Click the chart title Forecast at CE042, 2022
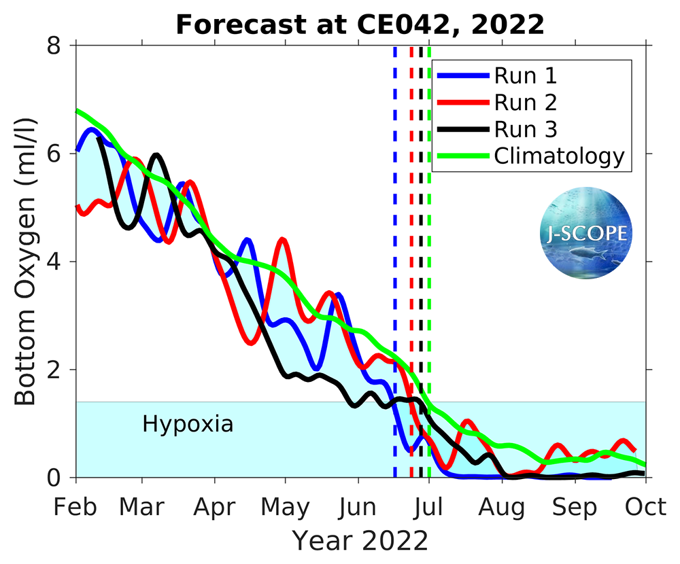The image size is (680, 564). coord(360,25)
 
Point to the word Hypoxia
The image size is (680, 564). coord(188,425)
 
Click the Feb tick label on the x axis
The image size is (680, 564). coord(75,507)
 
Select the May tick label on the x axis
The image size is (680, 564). coord(286,507)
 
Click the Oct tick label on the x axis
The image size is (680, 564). coord(645,507)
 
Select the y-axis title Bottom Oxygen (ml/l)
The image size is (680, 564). coord(26,262)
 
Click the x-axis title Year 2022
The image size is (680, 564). coord(360,541)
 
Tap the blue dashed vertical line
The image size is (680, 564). coord(395,272)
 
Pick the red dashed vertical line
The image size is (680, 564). coord(411,272)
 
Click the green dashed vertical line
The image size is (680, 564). coord(428,272)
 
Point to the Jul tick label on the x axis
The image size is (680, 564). coord(429,507)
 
